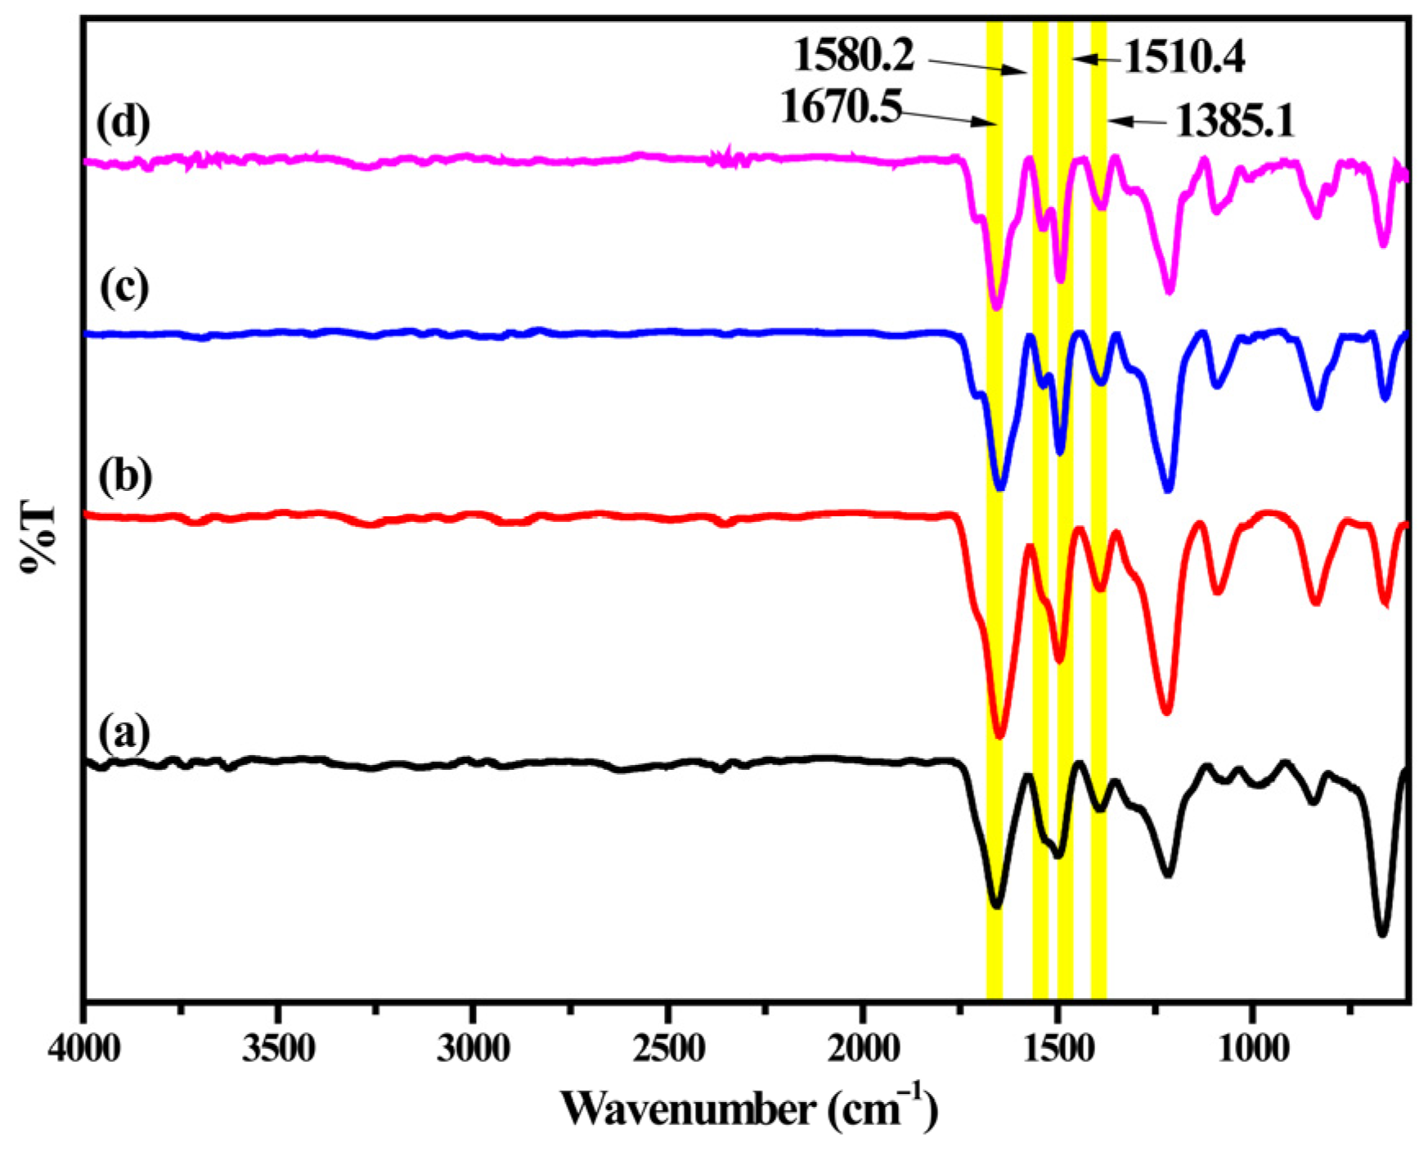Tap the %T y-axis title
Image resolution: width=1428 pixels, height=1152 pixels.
click(x=38, y=536)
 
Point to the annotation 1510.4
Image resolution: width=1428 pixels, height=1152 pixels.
click(x=1184, y=58)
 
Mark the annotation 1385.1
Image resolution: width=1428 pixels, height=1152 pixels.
click(x=1235, y=123)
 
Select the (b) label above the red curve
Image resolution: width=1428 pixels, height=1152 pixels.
click(x=124, y=477)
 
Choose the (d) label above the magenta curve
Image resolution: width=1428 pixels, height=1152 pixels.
click(x=123, y=123)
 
